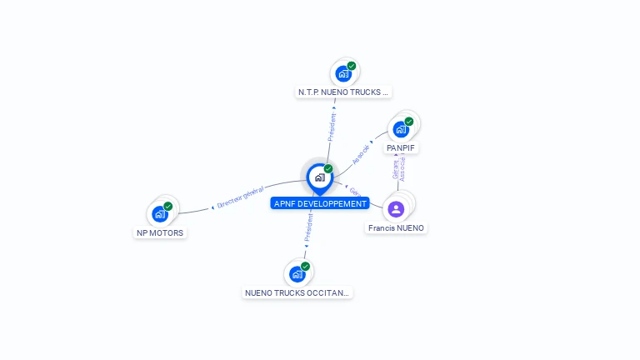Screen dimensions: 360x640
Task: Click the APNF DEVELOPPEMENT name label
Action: click(x=320, y=203)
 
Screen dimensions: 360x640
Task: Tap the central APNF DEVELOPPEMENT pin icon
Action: click(x=319, y=177)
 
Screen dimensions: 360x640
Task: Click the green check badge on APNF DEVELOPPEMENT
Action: click(x=328, y=169)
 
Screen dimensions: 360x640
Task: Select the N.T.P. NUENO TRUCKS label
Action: click(x=343, y=92)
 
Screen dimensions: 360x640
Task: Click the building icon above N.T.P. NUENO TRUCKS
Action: click(x=342, y=73)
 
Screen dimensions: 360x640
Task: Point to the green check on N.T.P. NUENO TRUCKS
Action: click(x=352, y=66)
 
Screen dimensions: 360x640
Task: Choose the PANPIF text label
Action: click(x=401, y=147)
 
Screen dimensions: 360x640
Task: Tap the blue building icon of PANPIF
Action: click(x=401, y=129)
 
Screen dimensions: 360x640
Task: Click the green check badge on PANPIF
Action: click(x=409, y=122)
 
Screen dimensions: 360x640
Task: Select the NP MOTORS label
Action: click(x=160, y=233)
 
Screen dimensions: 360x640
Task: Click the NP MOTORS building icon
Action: click(x=159, y=214)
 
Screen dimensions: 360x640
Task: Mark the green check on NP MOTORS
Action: click(x=168, y=207)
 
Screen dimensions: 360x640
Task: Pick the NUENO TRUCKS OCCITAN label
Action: click(x=297, y=292)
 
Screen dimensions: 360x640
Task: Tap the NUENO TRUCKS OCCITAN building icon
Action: click(x=297, y=274)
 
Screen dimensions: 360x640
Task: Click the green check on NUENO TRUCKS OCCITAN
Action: click(x=306, y=267)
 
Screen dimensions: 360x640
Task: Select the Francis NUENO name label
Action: click(x=396, y=227)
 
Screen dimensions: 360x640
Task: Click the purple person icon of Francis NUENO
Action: click(x=396, y=208)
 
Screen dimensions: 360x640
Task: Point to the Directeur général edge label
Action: click(x=240, y=196)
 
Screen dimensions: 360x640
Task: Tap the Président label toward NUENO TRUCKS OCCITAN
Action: click(x=308, y=227)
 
